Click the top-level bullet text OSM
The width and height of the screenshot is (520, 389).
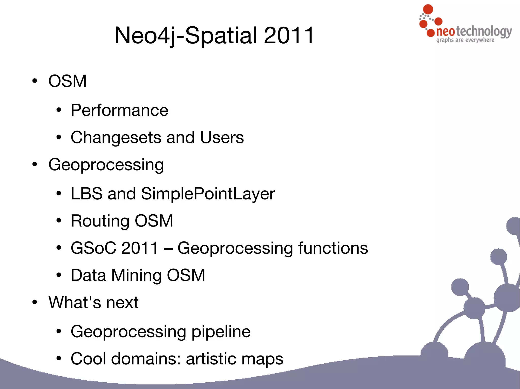pyautogui.click(x=68, y=81)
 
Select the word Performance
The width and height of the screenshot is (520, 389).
pyautogui.click(x=119, y=110)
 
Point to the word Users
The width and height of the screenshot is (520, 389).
pyautogui.click(x=222, y=138)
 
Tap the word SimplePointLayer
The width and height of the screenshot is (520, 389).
pyautogui.click(x=208, y=194)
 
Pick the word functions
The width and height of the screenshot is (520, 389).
pyautogui.click(x=333, y=248)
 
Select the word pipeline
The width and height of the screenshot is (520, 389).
pyautogui.click(x=221, y=332)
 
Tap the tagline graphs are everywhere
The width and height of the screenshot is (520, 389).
pyautogui.click(x=465, y=40)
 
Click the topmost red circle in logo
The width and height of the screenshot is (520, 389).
pyautogui.click(x=428, y=9)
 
